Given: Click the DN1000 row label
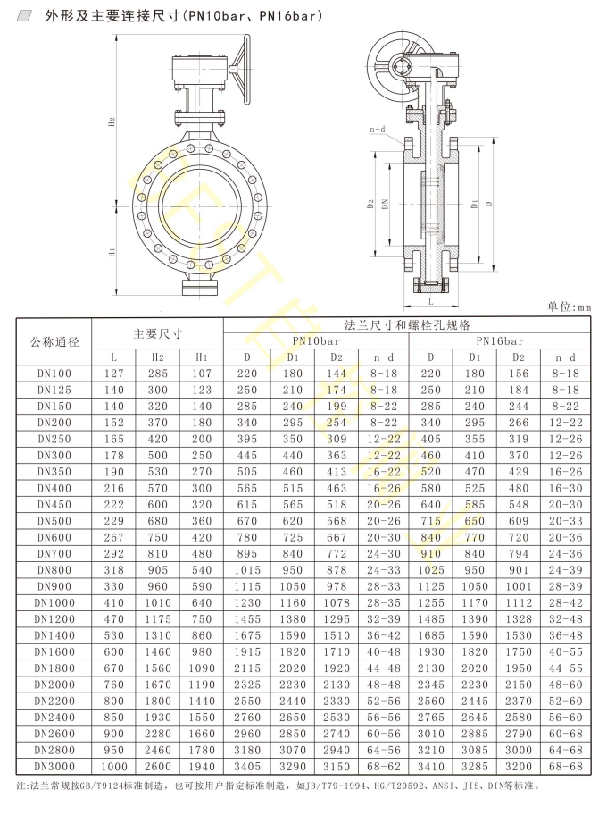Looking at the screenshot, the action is pos(54,603).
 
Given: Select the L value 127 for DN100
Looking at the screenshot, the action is pos(113,374).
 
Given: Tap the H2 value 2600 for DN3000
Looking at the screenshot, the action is pos(158,767).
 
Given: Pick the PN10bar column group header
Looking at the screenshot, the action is pos(316,341).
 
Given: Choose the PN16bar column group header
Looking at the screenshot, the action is pos(500,341).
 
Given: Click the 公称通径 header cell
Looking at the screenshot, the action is pos(54,341).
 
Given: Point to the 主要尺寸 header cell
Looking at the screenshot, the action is pos(158,333).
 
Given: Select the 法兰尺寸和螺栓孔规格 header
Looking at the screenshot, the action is pos(407,325).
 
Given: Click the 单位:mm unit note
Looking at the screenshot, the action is pos(569,307).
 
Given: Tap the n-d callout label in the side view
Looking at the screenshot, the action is pos(378,130).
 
